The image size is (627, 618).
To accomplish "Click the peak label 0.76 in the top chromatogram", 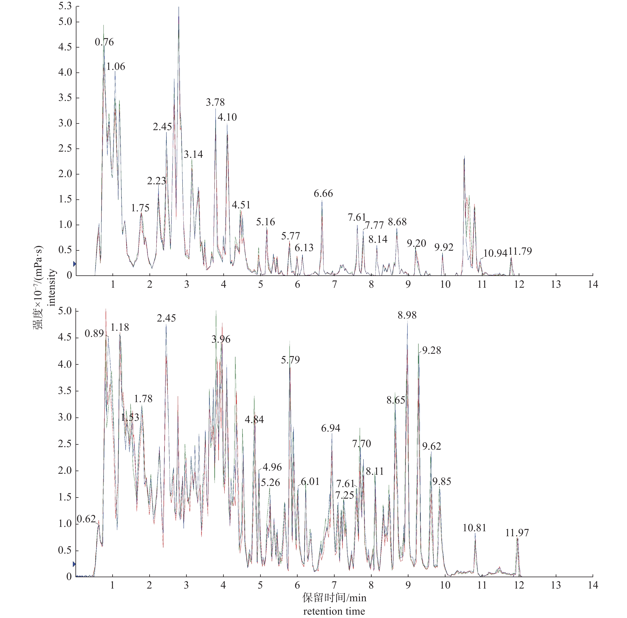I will coord(104,42).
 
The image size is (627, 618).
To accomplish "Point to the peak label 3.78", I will coord(215,102).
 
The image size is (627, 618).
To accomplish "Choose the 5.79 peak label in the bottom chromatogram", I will coord(290,360).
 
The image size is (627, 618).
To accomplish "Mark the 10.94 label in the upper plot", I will coord(495,253).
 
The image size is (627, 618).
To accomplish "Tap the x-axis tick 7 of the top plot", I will coord(334,285).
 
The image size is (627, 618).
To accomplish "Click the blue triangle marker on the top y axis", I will coord(74,264).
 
